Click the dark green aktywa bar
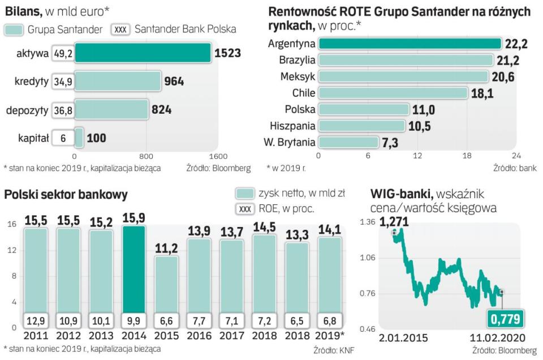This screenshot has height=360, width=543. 143,53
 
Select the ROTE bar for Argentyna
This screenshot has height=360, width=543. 410,44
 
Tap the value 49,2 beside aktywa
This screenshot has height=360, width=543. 62,53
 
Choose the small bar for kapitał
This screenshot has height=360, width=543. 79,138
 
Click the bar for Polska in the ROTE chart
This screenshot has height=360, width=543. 364,109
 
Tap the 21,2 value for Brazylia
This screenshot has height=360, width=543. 507,60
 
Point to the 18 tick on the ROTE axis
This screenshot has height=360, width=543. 467,156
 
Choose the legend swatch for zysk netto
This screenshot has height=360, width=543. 244,194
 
